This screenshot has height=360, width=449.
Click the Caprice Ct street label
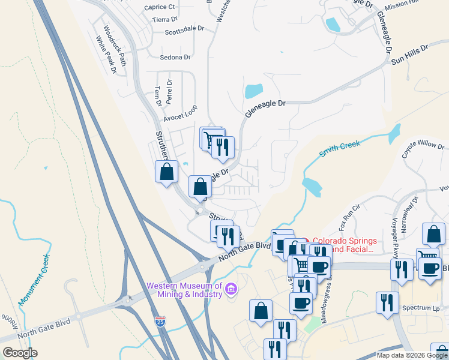point(160,7)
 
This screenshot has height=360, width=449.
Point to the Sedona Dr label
point(175,58)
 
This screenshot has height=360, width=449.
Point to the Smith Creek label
point(340,148)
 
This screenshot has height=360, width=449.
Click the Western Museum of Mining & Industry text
point(185,290)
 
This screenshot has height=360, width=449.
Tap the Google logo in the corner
point(20,352)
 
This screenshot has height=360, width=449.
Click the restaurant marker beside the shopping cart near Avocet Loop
point(223,147)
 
